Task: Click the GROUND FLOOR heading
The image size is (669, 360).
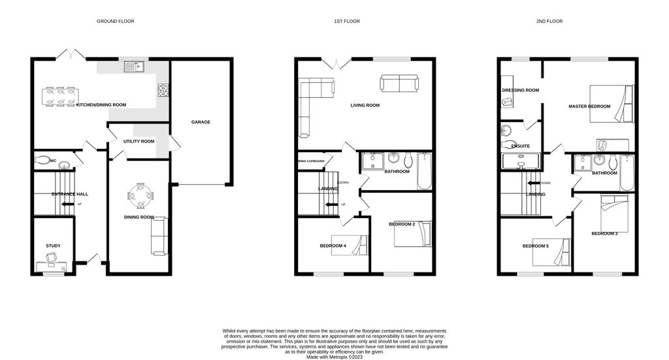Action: click(x=116, y=22)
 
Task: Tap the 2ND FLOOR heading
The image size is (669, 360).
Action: click(x=549, y=22)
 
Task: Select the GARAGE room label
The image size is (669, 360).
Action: click(x=201, y=122)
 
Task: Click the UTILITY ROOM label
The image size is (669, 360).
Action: click(x=139, y=141)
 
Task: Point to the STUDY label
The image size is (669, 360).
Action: click(x=53, y=246)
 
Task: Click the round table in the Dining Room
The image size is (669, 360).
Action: click(x=141, y=195)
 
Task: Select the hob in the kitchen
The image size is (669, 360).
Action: click(x=163, y=89)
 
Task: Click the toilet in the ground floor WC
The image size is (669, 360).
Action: click(x=41, y=159)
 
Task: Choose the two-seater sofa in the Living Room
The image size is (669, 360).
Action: click(x=399, y=83)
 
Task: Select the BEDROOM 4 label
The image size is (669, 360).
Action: click(x=333, y=246)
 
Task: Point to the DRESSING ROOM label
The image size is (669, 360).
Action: click(x=520, y=90)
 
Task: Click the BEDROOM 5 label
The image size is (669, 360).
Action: click(x=535, y=246)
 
